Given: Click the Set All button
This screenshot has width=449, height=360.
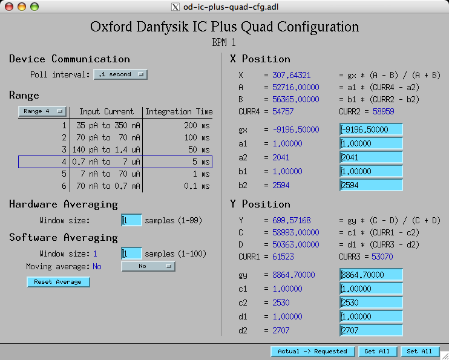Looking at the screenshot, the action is [x=419, y=352].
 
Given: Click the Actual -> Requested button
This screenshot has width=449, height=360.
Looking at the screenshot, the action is [x=312, y=352].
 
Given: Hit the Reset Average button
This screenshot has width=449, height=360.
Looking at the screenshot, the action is [x=58, y=282].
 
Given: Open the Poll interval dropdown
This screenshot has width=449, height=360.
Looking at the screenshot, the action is [x=120, y=74].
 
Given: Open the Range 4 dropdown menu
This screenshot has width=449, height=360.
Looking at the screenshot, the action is [x=42, y=111].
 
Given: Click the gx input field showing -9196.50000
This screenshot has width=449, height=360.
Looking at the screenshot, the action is [x=371, y=129].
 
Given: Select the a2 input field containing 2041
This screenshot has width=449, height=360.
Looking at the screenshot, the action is [x=371, y=157].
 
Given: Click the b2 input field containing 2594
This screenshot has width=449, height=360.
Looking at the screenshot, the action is [x=371, y=185].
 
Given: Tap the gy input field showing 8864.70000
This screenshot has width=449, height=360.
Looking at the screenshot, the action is [x=371, y=275].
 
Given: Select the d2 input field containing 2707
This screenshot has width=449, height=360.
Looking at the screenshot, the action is [x=371, y=330].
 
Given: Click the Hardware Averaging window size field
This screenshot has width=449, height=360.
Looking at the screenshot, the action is [x=131, y=220].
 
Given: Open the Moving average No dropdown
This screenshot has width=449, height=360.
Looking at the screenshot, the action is [x=148, y=266].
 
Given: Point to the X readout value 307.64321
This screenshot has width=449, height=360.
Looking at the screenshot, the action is [x=291, y=75].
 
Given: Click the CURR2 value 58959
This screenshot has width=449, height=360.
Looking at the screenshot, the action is [x=384, y=111].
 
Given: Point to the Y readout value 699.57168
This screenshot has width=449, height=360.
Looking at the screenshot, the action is [x=291, y=220].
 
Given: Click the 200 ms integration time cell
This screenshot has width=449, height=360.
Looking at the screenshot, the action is [x=197, y=125].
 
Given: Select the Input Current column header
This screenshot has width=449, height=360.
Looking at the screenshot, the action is [x=107, y=111].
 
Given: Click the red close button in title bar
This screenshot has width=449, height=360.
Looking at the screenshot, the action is [x=9, y=7].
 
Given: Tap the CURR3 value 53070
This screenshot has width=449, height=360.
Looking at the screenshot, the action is [x=382, y=257].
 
